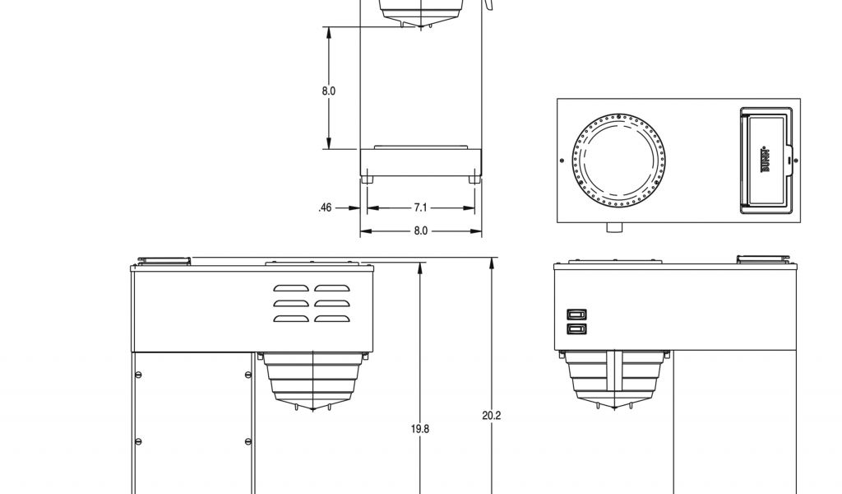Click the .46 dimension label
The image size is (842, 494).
[325, 207]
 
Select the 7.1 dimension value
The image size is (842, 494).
[420, 207]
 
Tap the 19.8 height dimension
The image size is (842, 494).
[420, 429]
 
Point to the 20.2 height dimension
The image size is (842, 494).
[492, 416]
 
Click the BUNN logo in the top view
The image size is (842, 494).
[765, 161]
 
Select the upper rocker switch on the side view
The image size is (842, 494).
[576, 315]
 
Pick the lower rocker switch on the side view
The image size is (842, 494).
[576, 329]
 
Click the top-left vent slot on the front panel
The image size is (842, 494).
[291, 289]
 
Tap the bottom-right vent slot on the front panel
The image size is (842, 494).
[332, 319]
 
